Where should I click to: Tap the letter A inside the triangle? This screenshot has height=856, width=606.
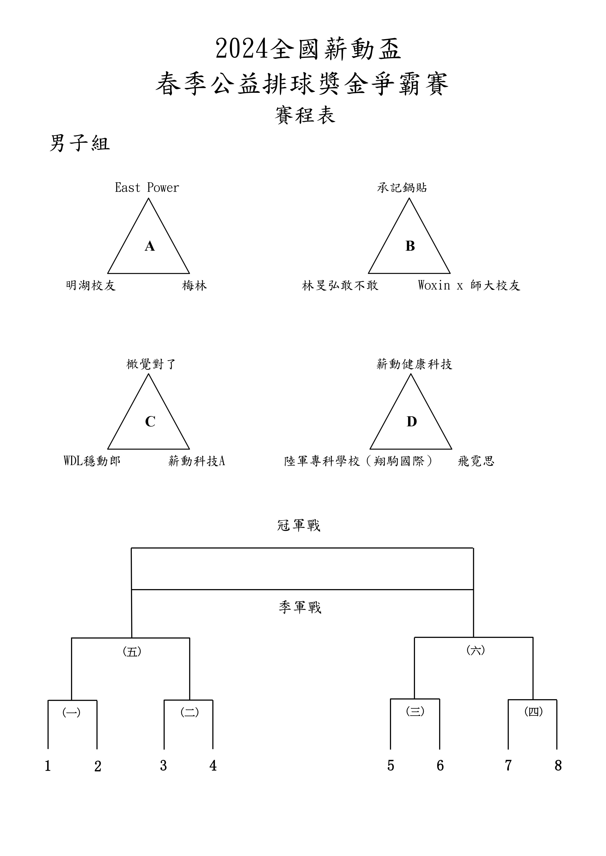(150, 246)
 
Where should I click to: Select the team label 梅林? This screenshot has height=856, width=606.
(194, 286)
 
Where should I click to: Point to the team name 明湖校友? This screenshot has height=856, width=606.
(91, 286)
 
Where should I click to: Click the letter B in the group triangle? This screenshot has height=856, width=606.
(410, 246)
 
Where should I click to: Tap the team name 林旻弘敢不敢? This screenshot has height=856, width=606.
(340, 286)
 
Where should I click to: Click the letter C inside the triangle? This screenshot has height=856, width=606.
(150, 422)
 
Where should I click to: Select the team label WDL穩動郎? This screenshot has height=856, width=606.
(92, 461)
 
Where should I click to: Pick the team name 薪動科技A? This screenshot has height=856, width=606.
(197, 461)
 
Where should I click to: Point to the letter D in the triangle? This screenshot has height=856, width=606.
(412, 422)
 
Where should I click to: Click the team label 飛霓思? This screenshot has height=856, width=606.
(476, 461)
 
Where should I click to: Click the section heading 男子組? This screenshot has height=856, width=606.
(80, 143)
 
